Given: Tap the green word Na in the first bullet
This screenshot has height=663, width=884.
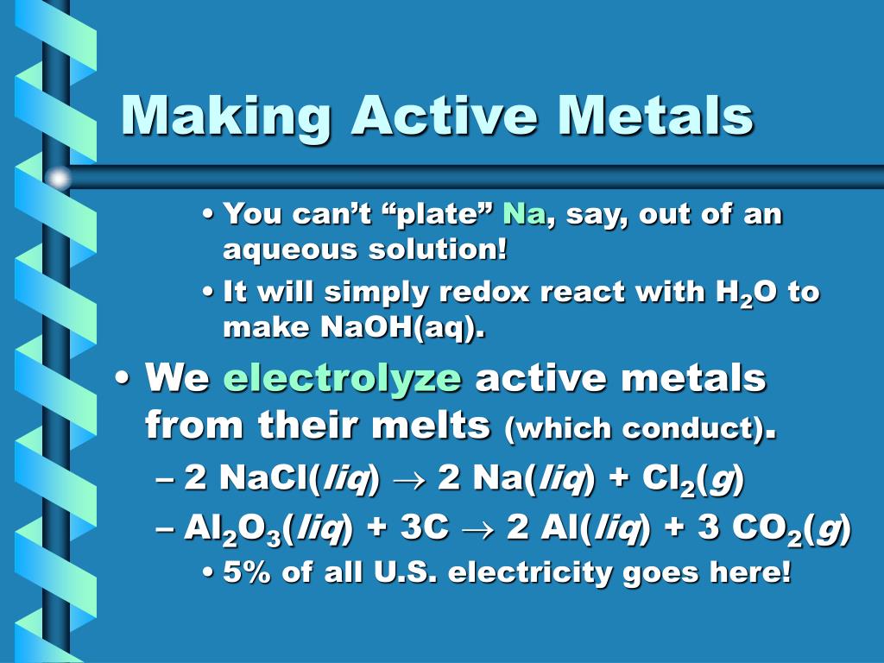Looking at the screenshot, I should [x=524, y=213].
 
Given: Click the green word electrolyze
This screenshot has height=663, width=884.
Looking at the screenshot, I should [x=343, y=378].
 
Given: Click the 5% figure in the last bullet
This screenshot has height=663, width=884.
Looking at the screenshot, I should [x=245, y=572].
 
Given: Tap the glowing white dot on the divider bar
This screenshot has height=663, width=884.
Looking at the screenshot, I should [x=58, y=179].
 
